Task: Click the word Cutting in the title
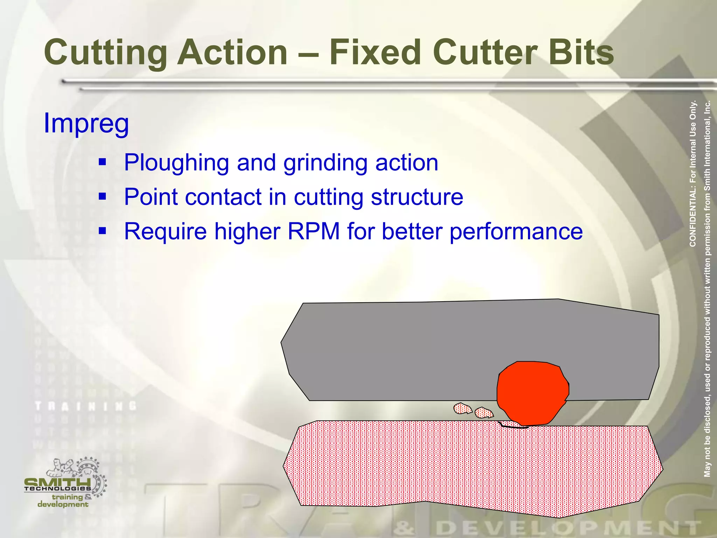point(105,53)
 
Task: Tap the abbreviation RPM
point(313,231)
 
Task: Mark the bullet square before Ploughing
point(102,162)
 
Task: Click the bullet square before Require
point(102,230)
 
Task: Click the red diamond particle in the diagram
point(532,392)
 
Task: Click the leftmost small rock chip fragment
point(462,408)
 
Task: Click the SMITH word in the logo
point(58,482)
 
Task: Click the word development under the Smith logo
point(63,504)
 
